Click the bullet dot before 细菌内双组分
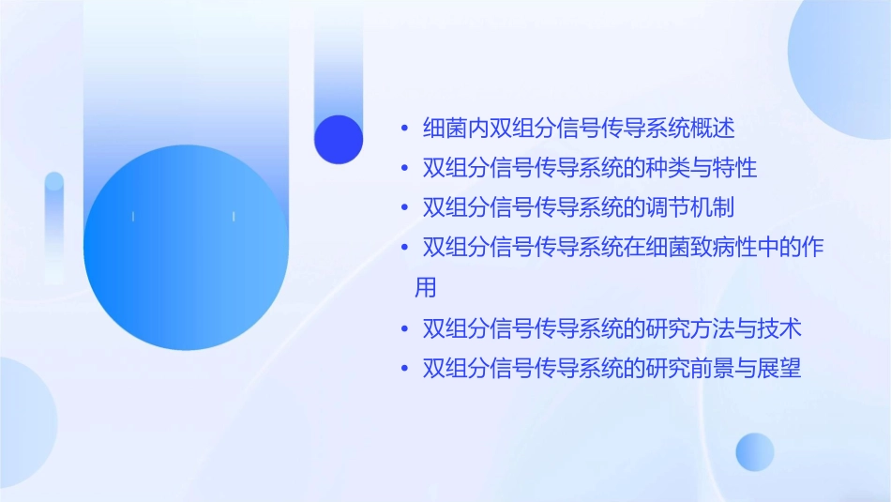pyautogui.click(x=404, y=128)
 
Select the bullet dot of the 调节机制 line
pyautogui.click(x=404, y=207)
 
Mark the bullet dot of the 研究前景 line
pyautogui.click(x=404, y=369)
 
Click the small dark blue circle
pyautogui.click(x=339, y=139)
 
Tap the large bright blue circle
pyautogui.click(x=185, y=248)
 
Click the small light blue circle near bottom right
pyautogui.click(x=755, y=451)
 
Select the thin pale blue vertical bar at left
pyautogui.click(x=54, y=225)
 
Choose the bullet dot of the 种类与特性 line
pyautogui.click(x=404, y=169)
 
